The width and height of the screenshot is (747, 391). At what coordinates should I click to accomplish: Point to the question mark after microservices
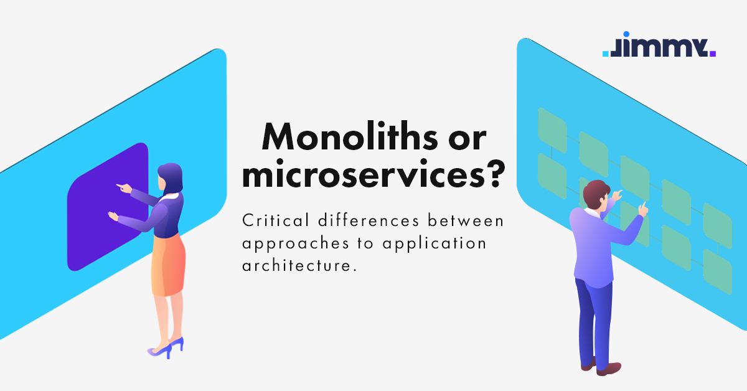pos(492,176)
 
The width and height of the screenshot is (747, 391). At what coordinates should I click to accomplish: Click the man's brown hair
pos(598,190)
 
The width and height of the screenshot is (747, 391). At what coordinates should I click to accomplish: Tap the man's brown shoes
pos(598,367)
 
